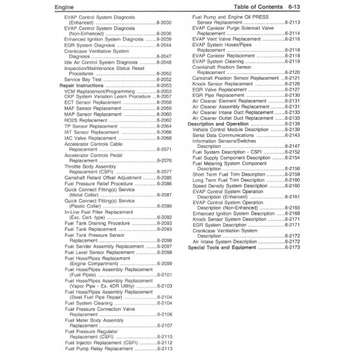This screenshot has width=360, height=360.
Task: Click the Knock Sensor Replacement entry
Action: coord(227,84)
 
